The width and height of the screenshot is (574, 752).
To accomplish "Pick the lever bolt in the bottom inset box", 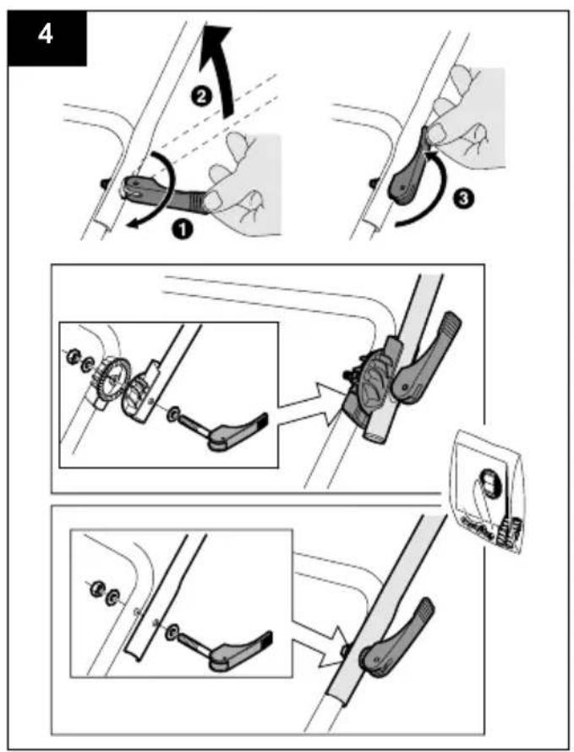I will pyautogui.click(x=228, y=645).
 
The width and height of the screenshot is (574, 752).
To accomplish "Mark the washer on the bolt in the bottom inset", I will pyautogui.click(x=172, y=629).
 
